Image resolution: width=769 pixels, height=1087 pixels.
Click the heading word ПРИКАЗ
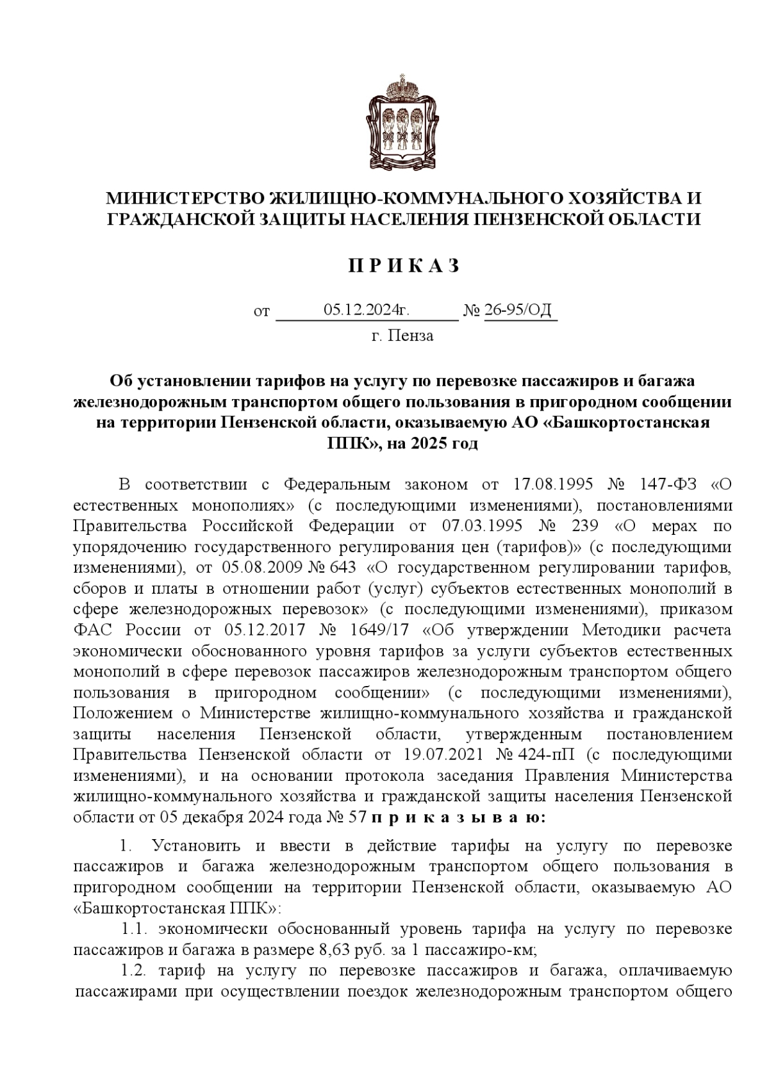tap(404, 266)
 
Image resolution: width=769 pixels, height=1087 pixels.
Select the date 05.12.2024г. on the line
tap(366, 311)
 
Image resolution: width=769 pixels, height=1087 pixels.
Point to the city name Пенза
tap(411, 336)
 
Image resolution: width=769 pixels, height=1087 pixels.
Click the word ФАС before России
tap(94, 630)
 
